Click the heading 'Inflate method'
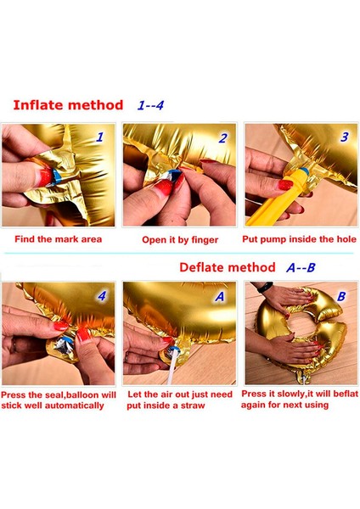68,105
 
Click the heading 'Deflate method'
228,267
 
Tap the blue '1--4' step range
150,105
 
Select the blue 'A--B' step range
301,267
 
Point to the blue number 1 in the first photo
99,137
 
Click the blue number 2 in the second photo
222,138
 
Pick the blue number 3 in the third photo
344,137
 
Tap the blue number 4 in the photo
102,295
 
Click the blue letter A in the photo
220,296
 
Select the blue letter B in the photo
341,296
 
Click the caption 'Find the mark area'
58,239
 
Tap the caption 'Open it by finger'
180,240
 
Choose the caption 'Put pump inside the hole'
299,239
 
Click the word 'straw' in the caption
193,406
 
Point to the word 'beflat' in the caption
346,394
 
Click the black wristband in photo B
265,288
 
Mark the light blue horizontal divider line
178,253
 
